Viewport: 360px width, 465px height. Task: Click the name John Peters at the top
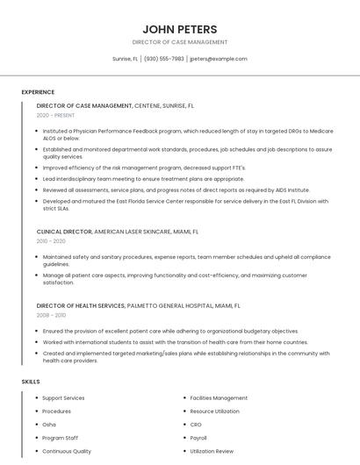point(180,29)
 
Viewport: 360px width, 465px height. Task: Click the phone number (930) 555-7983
point(164,59)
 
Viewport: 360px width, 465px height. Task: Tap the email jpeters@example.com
point(219,59)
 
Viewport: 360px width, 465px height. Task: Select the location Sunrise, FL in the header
point(125,59)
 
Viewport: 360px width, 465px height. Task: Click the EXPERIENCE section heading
point(38,92)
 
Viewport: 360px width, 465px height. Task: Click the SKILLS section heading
point(30,382)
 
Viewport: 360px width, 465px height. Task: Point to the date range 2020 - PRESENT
point(56,115)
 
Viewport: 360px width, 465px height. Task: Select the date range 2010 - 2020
point(51,240)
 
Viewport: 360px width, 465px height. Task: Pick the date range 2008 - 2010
point(51,314)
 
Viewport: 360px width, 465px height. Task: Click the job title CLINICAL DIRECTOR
point(64,232)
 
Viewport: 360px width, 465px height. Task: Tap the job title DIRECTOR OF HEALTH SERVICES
point(81,305)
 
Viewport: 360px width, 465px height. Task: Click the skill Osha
point(49,425)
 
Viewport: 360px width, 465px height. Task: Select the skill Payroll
point(198,438)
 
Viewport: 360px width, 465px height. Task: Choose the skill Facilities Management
point(219,398)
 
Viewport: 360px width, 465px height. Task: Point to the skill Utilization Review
point(212,451)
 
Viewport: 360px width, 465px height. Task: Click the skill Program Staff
point(61,438)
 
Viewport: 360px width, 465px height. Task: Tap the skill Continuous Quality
point(67,451)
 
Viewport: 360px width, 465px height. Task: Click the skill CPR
point(196,425)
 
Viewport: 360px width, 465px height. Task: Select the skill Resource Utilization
point(214,411)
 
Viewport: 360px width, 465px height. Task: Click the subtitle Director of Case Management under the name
point(180,42)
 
